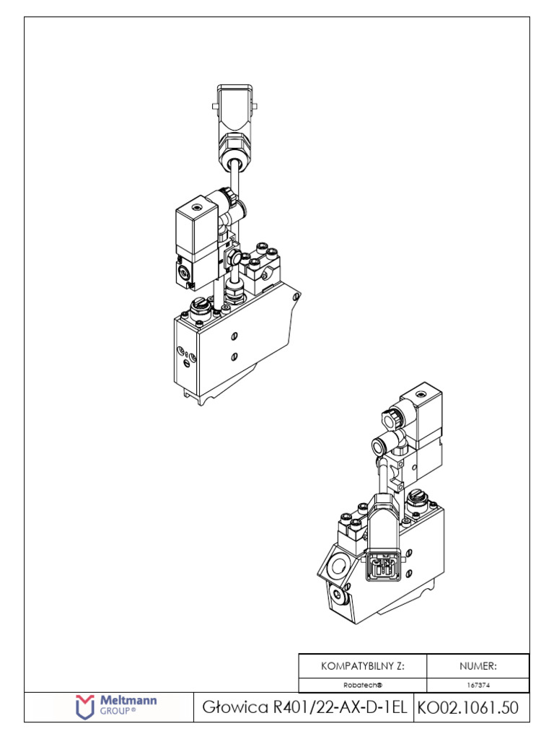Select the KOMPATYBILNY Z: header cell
(x=363, y=665)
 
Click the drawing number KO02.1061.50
(x=467, y=708)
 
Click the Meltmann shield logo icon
(x=86, y=707)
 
